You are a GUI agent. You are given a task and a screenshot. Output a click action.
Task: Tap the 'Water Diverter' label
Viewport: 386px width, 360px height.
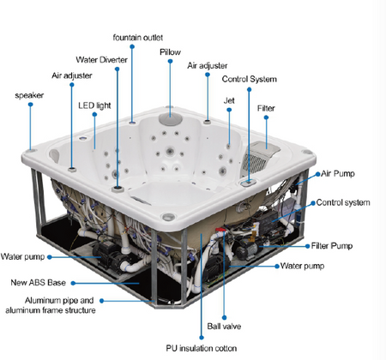click(102, 60)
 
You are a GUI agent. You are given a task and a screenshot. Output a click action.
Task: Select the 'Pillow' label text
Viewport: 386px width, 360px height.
click(170, 52)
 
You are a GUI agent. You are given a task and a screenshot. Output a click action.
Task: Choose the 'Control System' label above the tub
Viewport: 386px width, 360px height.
click(250, 79)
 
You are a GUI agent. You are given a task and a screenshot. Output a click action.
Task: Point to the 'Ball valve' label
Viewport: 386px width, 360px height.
click(224, 326)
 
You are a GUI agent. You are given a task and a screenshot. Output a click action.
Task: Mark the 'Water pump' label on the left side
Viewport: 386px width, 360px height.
click(23, 255)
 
